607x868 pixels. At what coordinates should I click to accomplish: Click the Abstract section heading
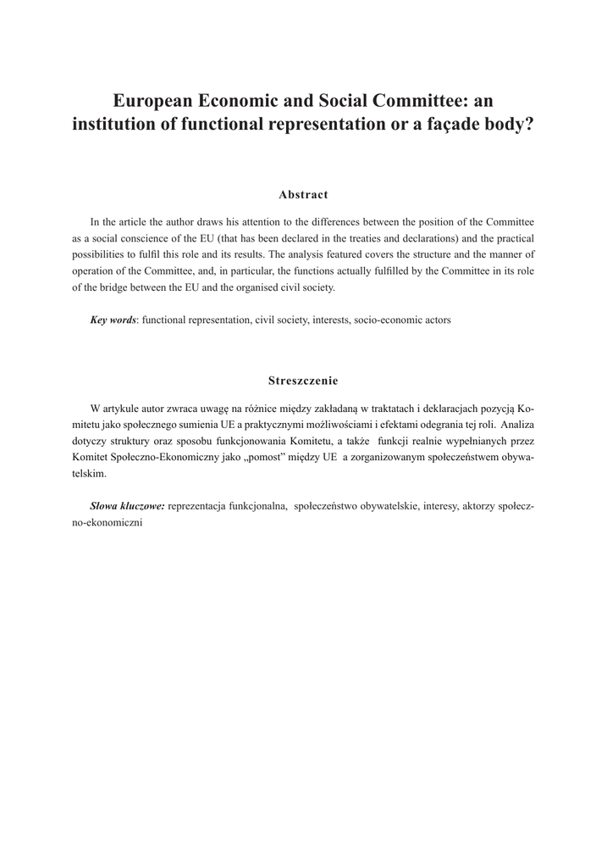click(x=303, y=195)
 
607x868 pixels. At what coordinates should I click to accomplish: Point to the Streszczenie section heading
click(x=303, y=380)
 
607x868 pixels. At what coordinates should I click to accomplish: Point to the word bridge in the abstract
click(x=112, y=287)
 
